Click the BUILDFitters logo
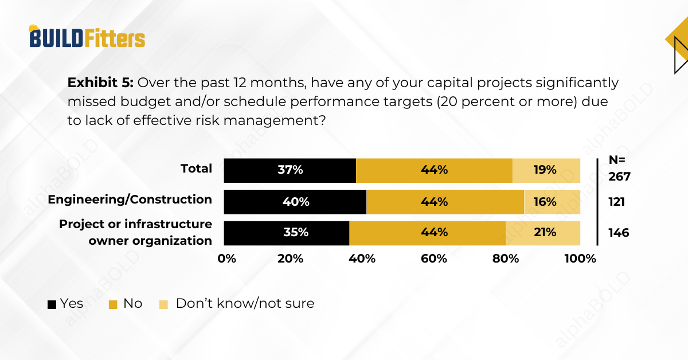click(87, 37)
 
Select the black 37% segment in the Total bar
click(290, 170)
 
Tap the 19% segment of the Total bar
click(546, 170)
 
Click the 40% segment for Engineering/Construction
click(295, 202)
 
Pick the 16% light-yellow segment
click(552, 202)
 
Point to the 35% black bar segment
click(286, 233)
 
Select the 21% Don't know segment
click(542, 233)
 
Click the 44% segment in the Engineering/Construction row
click(445, 202)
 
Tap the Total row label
click(196, 169)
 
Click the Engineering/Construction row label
click(130, 199)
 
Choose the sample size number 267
click(619, 177)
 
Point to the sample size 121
click(616, 202)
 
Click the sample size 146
click(619, 233)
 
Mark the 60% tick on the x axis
click(433, 259)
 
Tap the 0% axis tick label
click(227, 259)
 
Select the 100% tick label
click(580, 259)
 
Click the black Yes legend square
click(52, 304)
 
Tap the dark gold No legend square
click(114, 304)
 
